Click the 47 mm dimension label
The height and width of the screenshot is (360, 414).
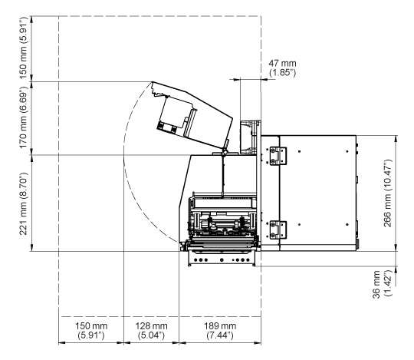point(282,64)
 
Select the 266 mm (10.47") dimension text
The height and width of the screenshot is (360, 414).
point(388,193)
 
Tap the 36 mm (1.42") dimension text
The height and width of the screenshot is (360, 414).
point(381,284)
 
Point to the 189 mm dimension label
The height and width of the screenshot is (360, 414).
point(220,326)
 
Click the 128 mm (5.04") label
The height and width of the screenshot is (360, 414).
point(151,331)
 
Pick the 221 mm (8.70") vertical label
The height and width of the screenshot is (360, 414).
point(23,203)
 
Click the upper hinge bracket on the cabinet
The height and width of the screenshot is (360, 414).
point(278,157)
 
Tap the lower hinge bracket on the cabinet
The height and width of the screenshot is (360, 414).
point(278,230)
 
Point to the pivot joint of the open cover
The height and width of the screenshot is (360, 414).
point(225,152)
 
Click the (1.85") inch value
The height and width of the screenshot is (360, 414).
point(282,73)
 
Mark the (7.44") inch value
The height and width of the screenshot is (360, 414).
point(220,335)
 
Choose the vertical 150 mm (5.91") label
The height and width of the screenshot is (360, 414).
point(23,48)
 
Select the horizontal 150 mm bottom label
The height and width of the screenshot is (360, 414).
point(91,326)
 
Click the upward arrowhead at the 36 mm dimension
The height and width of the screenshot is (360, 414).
point(396,269)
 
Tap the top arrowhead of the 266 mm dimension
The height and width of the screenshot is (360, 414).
point(396,138)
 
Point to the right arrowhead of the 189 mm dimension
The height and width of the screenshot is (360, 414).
point(258,343)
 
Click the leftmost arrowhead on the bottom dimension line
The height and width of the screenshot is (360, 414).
point(62,343)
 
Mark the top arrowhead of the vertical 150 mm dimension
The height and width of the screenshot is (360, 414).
point(31,19)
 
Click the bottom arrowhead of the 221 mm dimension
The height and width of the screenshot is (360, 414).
point(31,248)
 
